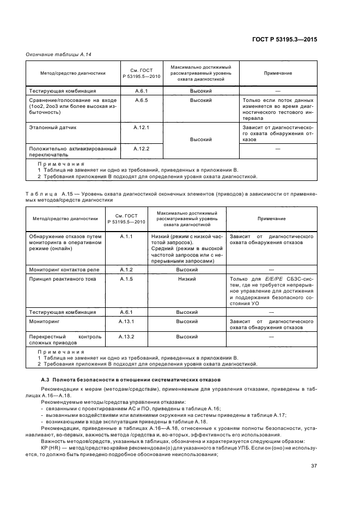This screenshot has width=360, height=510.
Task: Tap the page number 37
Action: [x=314, y=465]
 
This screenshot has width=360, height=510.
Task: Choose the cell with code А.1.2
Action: [x=126, y=270]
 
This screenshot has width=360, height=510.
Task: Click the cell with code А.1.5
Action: [x=126, y=279]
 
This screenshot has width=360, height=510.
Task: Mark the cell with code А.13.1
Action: [x=126, y=321]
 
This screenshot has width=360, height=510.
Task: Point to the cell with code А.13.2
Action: [x=126, y=337]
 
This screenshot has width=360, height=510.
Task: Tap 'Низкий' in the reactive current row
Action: [x=186, y=279]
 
